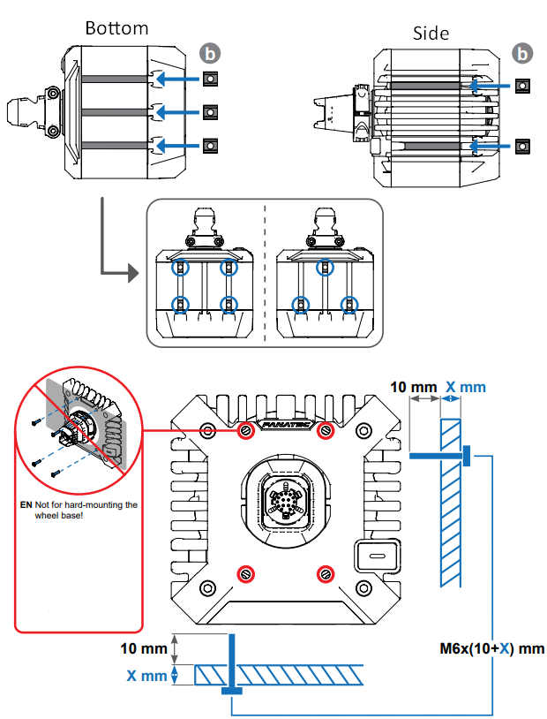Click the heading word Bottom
point(116,28)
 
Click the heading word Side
point(431,34)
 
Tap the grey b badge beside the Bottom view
point(209,53)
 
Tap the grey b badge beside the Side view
point(523,54)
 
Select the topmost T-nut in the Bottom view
point(210,79)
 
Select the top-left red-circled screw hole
point(246,430)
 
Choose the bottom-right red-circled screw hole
point(326,573)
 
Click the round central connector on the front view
point(286,504)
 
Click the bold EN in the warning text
point(26,505)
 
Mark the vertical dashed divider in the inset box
point(266,274)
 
